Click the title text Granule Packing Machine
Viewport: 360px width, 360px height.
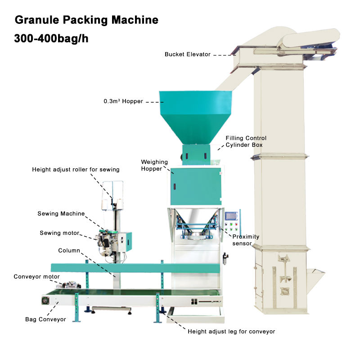[x=86, y=20]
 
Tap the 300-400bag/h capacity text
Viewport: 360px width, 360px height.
[x=51, y=39]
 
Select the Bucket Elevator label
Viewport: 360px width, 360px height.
[x=187, y=54]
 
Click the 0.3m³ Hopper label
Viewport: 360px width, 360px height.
[x=123, y=102]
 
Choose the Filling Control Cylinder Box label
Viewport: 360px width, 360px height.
[x=246, y=141]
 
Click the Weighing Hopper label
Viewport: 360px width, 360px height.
[x=154, y=165]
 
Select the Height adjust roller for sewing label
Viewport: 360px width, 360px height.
[x=76, y=170]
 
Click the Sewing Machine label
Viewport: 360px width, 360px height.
[x=61, y=214]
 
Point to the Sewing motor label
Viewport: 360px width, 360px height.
[x=59, y=233]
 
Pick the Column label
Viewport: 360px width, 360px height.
[x=69, y=250]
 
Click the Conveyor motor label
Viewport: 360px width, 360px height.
[x=36, y=277]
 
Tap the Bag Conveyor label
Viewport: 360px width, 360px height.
[x=45, y=319]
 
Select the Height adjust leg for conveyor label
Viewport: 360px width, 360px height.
[x=231, y=332]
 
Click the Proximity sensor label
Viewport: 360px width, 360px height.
[x=246, y=240]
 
